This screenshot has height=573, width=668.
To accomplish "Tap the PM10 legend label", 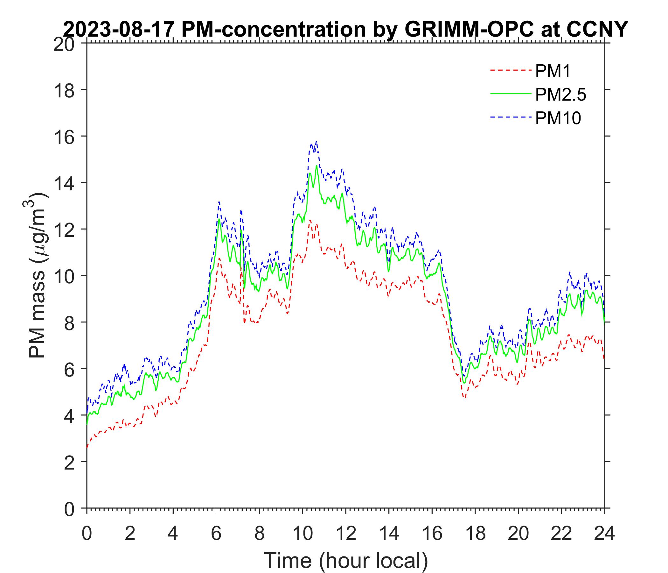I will [558, 118].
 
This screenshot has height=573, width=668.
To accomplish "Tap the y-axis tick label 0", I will [69, 508].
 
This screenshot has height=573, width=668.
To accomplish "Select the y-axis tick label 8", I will [69, 322].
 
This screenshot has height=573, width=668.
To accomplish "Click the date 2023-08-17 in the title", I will [119, 30].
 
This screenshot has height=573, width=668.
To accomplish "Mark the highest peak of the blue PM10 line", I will [317, 141].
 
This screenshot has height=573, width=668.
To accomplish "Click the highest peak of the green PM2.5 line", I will [317, 166].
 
